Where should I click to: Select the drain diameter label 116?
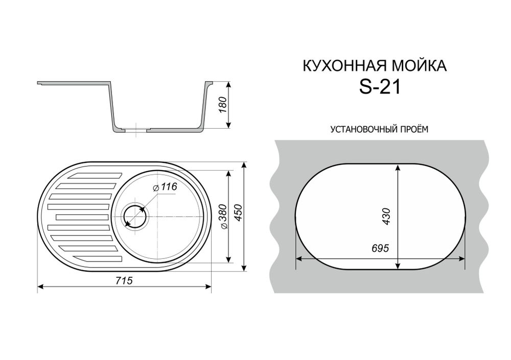(x=167, y=188)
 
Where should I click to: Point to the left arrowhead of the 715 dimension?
(x=41, y=287)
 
